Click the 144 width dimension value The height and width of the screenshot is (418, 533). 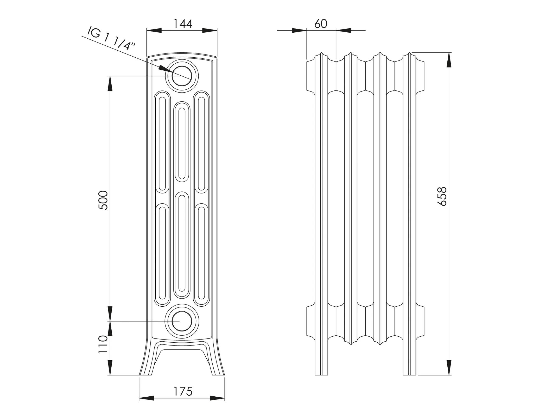(x=183, y=24)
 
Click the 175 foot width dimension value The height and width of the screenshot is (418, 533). (x=183, y=391)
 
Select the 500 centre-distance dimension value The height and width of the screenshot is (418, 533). (x=103, y=200)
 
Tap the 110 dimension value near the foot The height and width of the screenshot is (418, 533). (x=103, y=344)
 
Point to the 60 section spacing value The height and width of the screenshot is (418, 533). (x=321, y=24)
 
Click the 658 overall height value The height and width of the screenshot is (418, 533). (x=442, y=196)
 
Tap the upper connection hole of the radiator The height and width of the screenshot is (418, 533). (x=182, y=76)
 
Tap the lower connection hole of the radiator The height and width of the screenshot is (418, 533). (x=182, y=321)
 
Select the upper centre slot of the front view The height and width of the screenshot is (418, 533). (x=182, y=142)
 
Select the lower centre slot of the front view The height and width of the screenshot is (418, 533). (x=182, y=245)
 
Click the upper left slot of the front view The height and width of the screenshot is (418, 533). (x=162, y=142)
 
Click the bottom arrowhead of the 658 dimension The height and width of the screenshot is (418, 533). (x=449, y=368)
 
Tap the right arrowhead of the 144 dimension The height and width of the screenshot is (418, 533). (x=210, y=31)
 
